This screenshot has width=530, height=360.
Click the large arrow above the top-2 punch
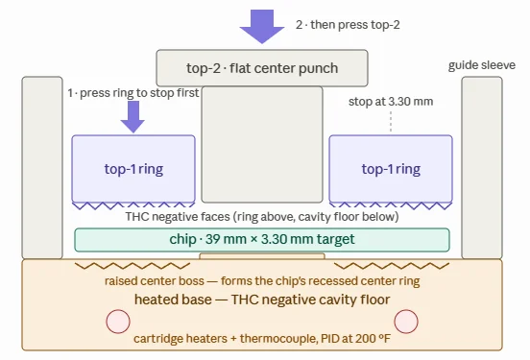point(262,26)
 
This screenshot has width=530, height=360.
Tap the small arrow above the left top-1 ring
point(132,116)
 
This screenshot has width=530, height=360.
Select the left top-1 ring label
point(133,169)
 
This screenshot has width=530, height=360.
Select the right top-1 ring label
point(391,169)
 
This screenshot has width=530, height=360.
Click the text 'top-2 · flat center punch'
point(262,68)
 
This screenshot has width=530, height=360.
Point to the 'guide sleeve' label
point(482,65)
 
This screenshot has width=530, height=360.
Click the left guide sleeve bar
point(42,168)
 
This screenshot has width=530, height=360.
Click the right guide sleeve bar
point(482,168)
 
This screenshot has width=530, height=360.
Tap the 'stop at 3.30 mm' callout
point(391,102)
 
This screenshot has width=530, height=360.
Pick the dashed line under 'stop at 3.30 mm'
point(391,122)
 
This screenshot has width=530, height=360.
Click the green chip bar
point(262,240)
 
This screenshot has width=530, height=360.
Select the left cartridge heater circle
point(118,322)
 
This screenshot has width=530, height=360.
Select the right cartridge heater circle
point(406,322)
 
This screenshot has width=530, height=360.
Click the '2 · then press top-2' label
point(348,25)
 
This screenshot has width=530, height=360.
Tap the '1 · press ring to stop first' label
point(133,93)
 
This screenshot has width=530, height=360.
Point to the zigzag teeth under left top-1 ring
point(133,205)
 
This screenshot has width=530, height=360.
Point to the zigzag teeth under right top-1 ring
point(391,205)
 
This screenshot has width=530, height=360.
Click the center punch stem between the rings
point(262,145)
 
